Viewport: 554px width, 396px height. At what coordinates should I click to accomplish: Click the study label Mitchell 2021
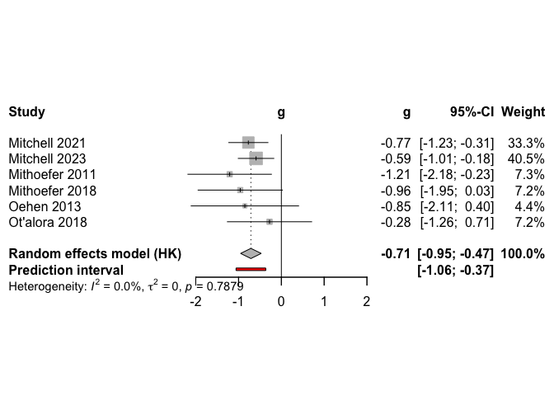(46, 143)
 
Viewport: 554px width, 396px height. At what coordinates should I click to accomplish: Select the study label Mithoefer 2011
(52, 175)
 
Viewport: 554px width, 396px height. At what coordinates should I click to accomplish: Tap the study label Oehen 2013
(40, 206)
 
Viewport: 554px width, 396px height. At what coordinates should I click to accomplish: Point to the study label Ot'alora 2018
(46, 222)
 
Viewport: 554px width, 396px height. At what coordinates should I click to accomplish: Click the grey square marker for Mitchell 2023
(256, 158)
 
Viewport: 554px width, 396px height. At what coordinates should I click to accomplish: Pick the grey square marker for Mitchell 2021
(249, 143)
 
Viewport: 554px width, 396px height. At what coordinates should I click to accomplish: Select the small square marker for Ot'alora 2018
(270, 222)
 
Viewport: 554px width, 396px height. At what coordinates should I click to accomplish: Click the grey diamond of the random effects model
(251, 253)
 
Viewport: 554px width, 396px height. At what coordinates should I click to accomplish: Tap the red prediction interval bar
(251, 269)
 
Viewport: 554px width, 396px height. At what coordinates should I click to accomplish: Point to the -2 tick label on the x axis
(195, 302)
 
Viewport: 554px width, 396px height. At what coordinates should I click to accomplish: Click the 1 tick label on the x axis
(324, 302)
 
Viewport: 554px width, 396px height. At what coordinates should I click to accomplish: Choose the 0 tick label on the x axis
(282, 302)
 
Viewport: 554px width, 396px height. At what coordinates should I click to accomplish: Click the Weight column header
(523, 111)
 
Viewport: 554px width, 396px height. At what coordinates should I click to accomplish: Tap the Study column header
(26, 111)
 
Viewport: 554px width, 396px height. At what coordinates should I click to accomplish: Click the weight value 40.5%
(528, 158)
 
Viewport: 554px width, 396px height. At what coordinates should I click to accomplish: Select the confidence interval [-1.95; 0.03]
(457, 191)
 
